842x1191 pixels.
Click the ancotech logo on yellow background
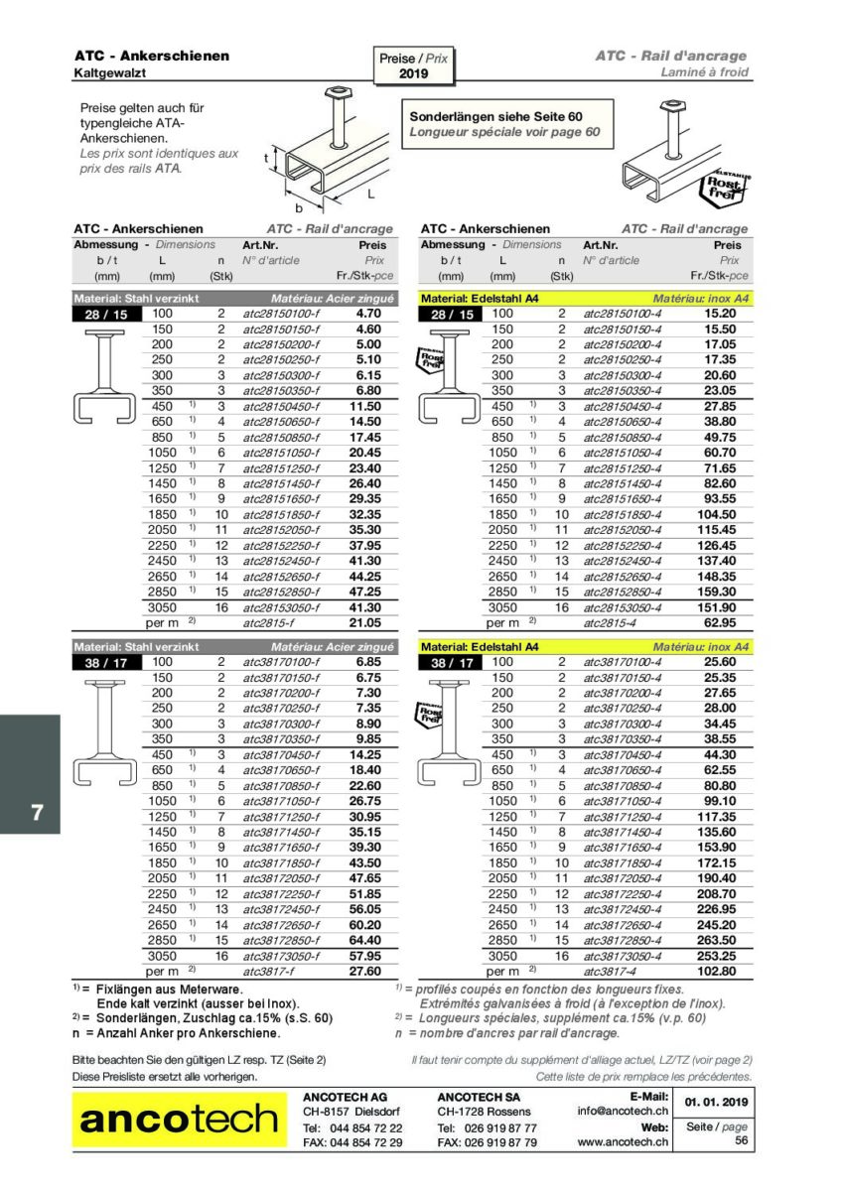[x=179, y=1120]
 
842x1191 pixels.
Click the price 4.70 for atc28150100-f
[x=368, y=313]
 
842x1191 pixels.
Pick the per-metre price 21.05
[x=365, y=622]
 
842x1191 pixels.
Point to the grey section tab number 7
[x=37, y=812]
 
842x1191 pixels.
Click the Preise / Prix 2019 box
[x=413, y=66]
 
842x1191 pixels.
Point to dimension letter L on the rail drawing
[x=370, y=193]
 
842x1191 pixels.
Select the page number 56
[x=741, y=1141]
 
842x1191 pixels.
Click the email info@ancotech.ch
[x=622, y=1112]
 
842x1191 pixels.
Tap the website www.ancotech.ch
[x=622, y=1142]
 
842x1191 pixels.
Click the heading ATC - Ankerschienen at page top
[x=151, y=56]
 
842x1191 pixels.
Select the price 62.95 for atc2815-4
[x=720, y=622]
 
